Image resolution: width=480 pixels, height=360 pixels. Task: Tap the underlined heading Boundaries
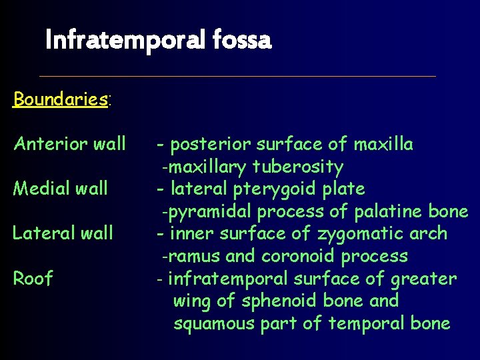pos(61,99)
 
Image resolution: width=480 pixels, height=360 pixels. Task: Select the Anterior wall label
pos(69,143)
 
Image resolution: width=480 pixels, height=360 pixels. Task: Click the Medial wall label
pos(60,189)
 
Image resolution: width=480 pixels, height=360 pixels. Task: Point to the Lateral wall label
pos(63,233)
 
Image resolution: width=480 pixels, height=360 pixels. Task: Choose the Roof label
pos(33,278)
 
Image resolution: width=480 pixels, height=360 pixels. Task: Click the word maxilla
pos(383,144)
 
